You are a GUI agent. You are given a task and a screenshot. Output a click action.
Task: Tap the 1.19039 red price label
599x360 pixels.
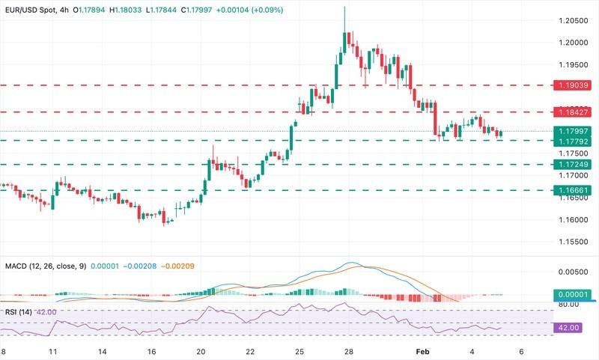[573, 85]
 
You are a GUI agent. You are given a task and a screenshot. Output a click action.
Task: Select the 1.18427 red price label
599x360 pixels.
[573, 112]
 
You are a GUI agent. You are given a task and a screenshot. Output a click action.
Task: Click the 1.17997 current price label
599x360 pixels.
[573, 131]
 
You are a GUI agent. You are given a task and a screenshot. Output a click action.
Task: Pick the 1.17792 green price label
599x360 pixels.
[573, 141]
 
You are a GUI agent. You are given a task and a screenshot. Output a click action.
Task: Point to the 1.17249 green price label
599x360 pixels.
[573, 164]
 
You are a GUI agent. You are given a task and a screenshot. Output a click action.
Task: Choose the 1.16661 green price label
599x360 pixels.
[573, 190]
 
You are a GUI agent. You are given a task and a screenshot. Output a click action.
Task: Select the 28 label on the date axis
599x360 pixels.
[348, 351]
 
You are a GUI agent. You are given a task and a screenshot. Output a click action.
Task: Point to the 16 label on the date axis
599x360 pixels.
[150, 351]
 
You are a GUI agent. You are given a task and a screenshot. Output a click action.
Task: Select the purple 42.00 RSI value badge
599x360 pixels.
[573, 327]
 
